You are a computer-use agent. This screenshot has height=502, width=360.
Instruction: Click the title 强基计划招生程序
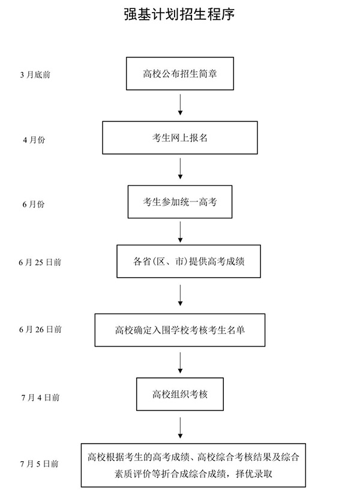click(179, 14)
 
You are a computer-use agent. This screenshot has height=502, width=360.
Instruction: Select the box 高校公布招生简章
click(179, 74)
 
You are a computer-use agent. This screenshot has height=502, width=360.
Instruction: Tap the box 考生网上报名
click(180, 137)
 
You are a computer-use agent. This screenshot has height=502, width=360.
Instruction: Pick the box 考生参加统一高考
click(180, 202)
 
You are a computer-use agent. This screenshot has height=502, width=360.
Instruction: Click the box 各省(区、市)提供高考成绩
click(188, 261)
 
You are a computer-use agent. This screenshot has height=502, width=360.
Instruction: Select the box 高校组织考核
click(180, 394)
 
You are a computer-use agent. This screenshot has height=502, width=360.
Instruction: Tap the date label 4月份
click(34, 140)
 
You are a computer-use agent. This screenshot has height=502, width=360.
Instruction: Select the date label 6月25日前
click(40, 262)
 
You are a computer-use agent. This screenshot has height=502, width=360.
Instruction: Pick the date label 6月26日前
click(40, 329)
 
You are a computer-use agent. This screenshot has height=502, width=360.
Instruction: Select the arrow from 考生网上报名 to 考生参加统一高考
click(180, 169)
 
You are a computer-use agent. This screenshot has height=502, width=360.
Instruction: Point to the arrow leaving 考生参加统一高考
click(180, 230)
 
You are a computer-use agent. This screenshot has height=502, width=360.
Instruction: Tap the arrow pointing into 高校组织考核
click(180, 362)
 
